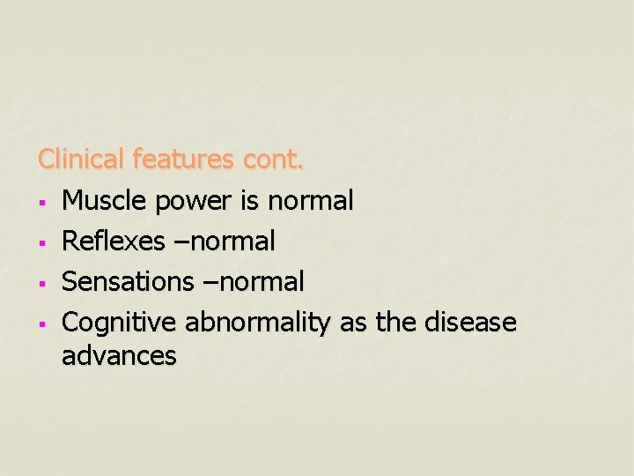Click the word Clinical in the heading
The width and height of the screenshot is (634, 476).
point(82,160)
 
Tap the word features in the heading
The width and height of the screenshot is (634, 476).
point(184,160)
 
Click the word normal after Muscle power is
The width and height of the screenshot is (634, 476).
point(310,201)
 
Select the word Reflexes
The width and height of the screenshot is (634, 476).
point(112,241)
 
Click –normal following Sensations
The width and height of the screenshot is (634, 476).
point(252,282)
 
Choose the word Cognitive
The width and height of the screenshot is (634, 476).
point(120,324)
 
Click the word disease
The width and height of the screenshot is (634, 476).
point(469,323)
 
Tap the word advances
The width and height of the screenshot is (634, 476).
point(119,356)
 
